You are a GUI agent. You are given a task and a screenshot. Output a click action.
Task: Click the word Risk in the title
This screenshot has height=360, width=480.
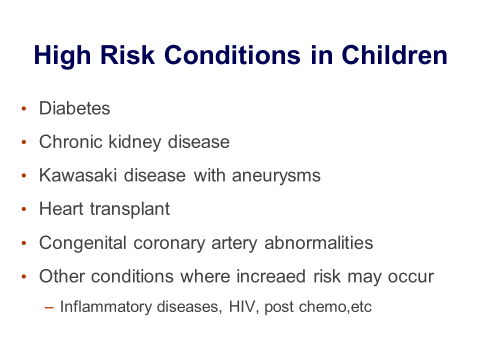coord(127,55)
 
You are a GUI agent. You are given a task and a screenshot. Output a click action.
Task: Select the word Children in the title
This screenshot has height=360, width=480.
coord(394,55)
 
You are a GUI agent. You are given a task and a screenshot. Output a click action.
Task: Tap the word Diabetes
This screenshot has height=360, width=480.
coord(74,108)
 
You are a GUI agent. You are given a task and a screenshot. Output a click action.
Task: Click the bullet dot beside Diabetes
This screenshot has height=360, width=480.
coord(24,108)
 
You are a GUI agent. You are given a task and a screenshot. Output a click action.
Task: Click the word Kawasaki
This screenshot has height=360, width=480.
coord(78,175)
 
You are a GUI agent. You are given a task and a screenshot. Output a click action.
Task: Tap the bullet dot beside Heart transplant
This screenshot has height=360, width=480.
coord(24,209)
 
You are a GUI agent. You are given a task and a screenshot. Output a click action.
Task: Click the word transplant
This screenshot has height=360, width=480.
coord(130,209)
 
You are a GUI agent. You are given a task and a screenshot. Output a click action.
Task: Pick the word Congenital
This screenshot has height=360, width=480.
coord(82,243)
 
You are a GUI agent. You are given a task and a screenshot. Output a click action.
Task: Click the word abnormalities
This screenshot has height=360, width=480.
coord(318,243)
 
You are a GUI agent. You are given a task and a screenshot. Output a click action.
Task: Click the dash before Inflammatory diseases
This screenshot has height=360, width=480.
coord(49,307)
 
